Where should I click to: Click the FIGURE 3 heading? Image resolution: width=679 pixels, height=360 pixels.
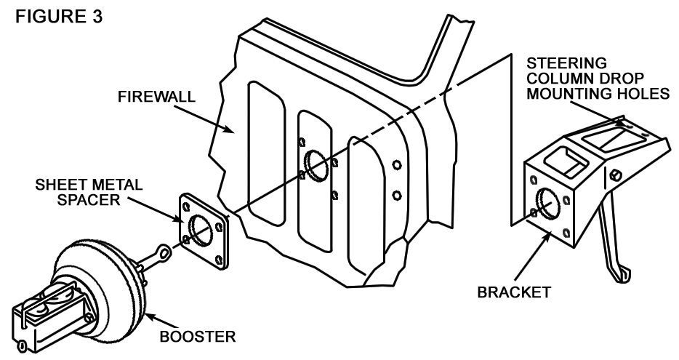[59, 17]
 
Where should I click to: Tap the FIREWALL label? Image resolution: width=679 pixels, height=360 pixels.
[156, 96]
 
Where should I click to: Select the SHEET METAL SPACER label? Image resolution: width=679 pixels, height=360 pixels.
[89, 192]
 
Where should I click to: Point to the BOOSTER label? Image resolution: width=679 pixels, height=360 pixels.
[198, 337]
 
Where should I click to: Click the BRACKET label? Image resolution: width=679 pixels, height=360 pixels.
[514, 292]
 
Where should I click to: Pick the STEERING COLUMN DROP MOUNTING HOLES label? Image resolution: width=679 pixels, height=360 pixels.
[598, 79]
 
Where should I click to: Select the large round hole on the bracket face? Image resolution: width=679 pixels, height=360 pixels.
[547, 203]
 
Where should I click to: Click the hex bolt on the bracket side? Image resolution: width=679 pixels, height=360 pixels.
[615, 175]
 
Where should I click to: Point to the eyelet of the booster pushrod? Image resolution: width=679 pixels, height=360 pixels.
[164, 250]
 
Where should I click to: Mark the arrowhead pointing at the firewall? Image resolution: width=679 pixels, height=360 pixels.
[228, 128]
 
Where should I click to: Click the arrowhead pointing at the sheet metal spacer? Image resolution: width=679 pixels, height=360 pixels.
[179, 219]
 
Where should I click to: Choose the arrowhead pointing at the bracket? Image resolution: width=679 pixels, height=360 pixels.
[548, 237]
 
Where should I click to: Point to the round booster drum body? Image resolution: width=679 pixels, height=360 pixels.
[104, 277]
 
